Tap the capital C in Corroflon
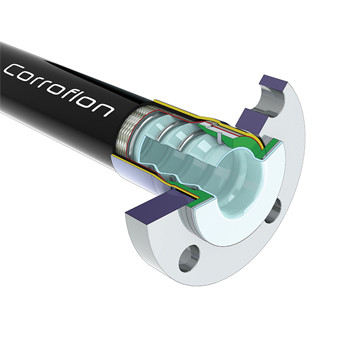coord(13,71)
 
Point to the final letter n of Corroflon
coord(105,109)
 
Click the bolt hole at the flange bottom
coord(189,258)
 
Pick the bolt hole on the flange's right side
coord(273,211)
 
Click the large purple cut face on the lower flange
coord(160,207)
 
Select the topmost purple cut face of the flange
coord(273,83)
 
